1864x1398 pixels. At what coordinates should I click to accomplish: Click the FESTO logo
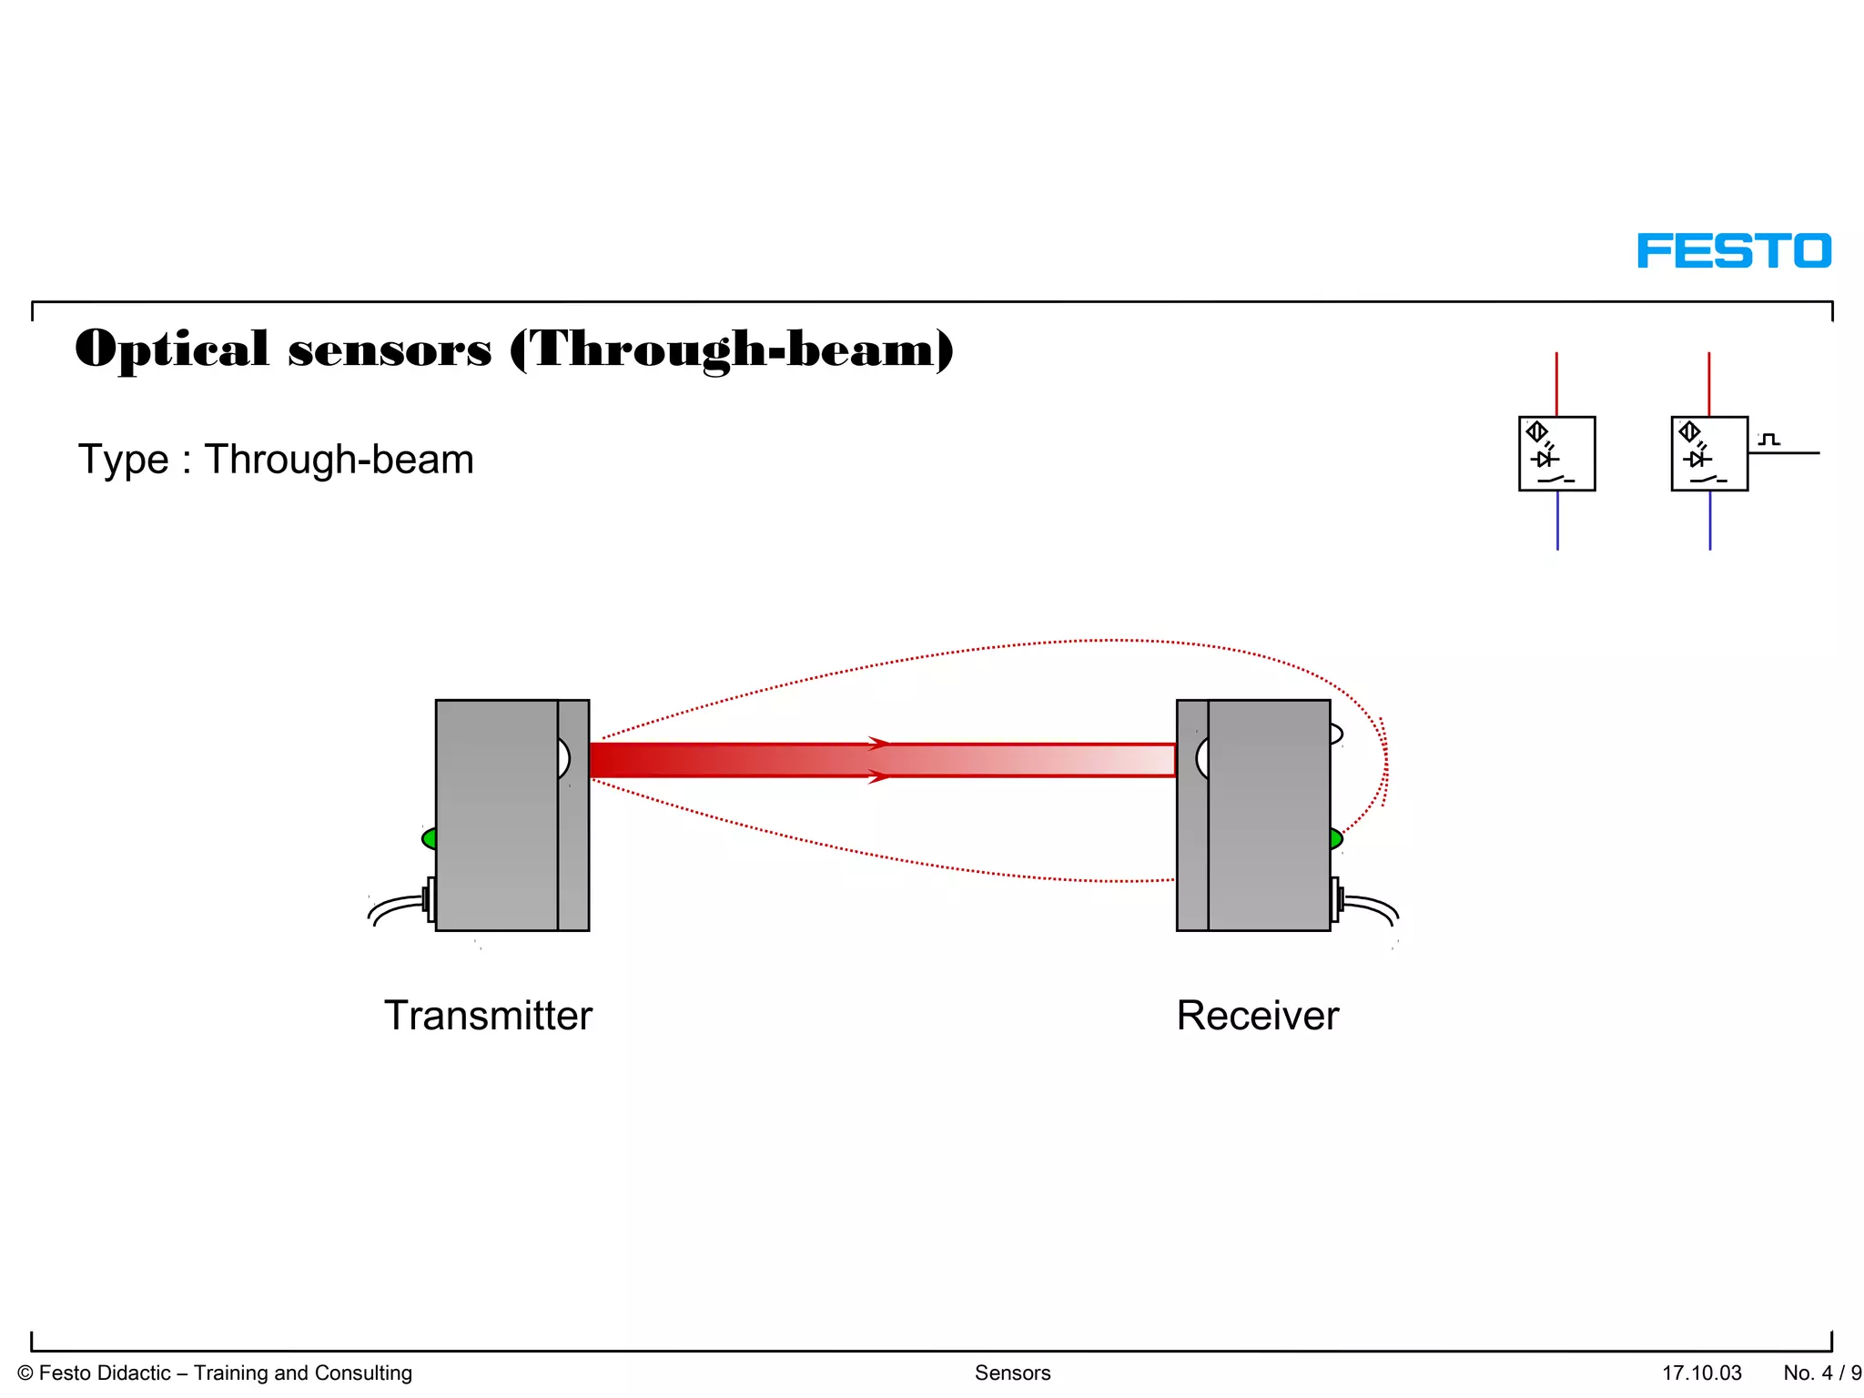[1733, 250]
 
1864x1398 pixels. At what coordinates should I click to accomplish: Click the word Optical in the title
[172, 349]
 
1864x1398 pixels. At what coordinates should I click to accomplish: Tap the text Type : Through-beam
[276, 460]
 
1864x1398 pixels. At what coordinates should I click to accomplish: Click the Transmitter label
[488, 1016]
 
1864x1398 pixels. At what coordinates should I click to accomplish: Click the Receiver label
[1257, 1016]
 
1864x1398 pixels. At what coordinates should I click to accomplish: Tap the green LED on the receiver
[1335, 838]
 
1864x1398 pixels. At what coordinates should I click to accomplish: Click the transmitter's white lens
[563, 758]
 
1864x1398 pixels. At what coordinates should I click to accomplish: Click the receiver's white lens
[1202, 758]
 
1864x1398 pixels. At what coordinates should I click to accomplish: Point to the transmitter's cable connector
[429, 899]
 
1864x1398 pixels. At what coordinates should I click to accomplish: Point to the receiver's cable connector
[1336, 899]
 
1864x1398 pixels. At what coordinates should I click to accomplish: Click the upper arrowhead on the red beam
[877, 744]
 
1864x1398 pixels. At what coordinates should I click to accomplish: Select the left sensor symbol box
[1556, 453]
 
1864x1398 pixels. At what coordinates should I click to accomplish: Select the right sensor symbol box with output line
[1709, 453]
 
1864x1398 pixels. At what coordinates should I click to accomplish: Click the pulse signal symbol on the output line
[1768, 440]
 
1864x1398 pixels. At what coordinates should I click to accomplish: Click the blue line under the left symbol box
[1557, 520]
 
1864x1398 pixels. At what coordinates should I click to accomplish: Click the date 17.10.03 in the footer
[1701, 1373]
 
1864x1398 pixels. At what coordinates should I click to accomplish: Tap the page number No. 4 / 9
[1821, 1373]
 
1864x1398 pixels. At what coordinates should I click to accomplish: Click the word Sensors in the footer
[1012, 1373]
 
